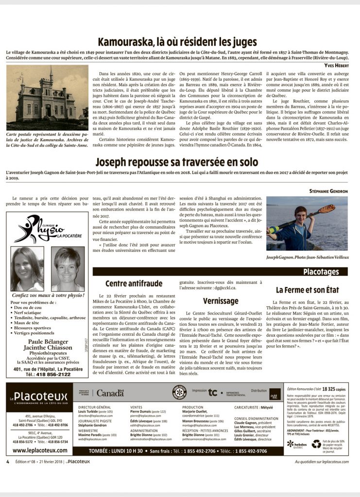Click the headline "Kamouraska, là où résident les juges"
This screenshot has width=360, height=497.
click(177, 42)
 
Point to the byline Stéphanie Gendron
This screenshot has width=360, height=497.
click(328, 191)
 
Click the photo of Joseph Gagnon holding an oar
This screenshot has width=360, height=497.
click(307, 223)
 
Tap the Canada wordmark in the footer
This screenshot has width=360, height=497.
click(108, 393)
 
